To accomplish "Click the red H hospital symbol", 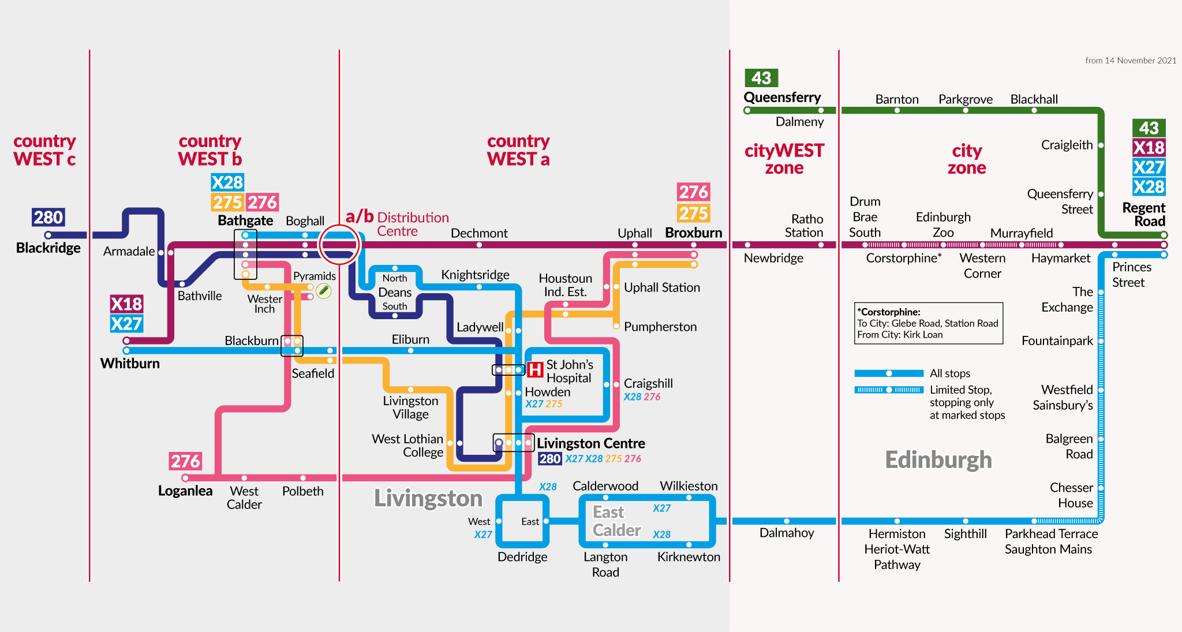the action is (535, 369).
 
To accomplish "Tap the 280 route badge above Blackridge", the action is (48, 218).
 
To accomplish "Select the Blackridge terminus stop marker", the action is (48, 235).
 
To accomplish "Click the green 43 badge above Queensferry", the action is (761, 78).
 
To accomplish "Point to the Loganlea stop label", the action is (185, 491).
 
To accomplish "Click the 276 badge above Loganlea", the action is (185, 461).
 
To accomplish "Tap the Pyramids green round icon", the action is (324, 290).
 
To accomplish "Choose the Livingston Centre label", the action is (591, 443).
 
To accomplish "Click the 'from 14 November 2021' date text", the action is (1131, 61).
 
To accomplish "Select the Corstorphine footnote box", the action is (929, 323).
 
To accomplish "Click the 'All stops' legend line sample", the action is (889, 373).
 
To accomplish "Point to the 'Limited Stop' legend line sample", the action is (889, 390).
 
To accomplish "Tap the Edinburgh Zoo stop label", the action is (943, 225).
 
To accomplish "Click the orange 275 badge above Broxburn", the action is (694, 214).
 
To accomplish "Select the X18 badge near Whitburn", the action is (126, 304).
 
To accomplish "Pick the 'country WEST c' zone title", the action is (44, 150).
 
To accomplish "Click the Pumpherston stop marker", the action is (616, 326).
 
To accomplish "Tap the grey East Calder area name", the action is (616, 521).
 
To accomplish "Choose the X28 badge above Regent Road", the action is (1149, 187).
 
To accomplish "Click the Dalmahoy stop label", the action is (787, 533).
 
